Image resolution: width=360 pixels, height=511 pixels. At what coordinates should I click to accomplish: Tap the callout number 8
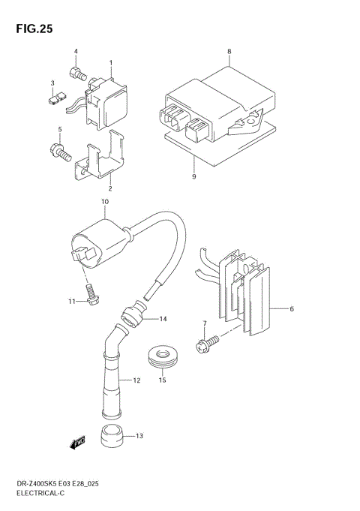230,52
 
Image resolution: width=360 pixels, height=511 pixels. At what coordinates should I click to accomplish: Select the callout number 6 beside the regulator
292,308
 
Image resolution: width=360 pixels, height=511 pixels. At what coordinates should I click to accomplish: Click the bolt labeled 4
76,73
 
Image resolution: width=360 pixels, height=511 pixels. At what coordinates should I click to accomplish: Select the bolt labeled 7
206,345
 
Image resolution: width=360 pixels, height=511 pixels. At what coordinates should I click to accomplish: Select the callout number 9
193,176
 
